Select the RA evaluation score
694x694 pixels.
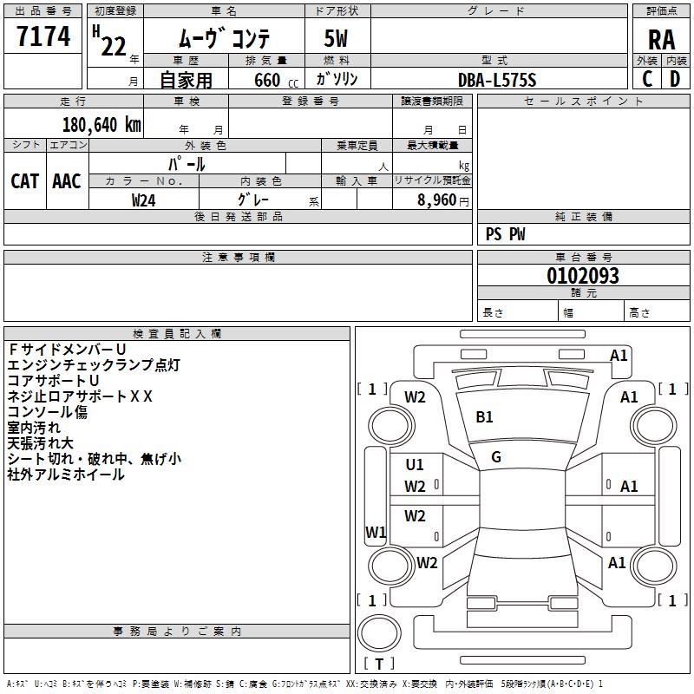coord(661,39)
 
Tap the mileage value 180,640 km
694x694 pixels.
coord(101,125)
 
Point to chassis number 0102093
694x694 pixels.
coord(583,277)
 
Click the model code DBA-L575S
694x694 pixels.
coord(497,80)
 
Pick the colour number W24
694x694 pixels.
coord(144,200)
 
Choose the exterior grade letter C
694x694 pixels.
coord(646,79)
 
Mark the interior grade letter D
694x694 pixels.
coord(675,79)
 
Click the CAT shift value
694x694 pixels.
coord(24,180)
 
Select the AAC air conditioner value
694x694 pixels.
coord(67,180)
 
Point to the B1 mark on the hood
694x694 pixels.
coord(484,416)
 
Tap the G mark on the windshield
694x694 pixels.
coord(496,456)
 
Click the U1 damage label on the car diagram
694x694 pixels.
coord(415,465)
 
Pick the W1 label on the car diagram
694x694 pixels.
coord(376,532)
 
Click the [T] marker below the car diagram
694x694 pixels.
coord(378,665)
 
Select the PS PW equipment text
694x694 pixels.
coord(506,234)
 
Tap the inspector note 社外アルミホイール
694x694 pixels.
coord(66,475)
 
